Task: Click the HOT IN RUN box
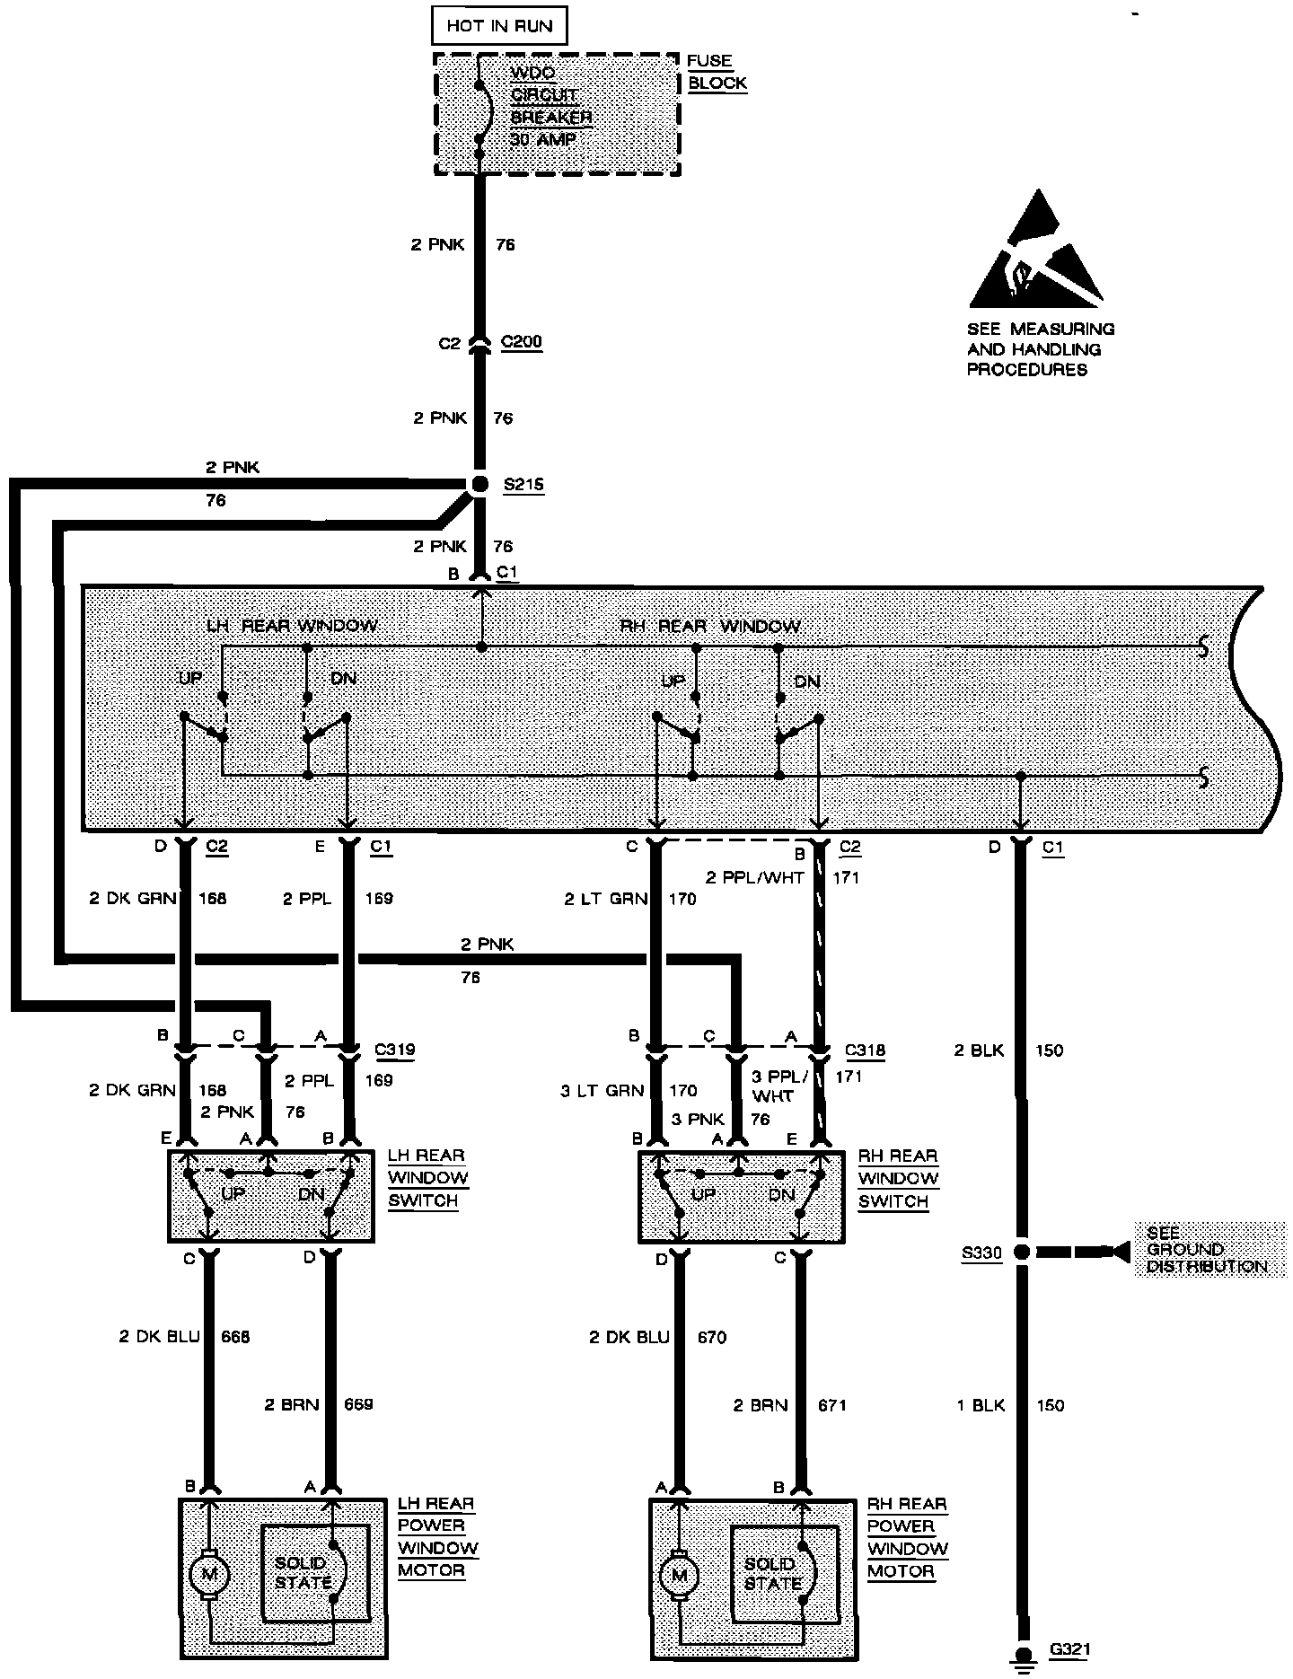point(499,26)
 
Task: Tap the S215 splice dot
point(479,484)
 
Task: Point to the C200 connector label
point(522,342)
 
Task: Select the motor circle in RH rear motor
point(680,1574)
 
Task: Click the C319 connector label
point(395,1049)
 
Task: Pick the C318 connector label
point(866,1050)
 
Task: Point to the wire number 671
point(832,1405)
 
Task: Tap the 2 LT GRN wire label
point(606,899)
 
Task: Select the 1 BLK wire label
point(981,1405)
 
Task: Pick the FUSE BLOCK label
point(717,72)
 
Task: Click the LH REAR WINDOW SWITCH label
point(427,1177)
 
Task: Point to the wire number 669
point(358,1405)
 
